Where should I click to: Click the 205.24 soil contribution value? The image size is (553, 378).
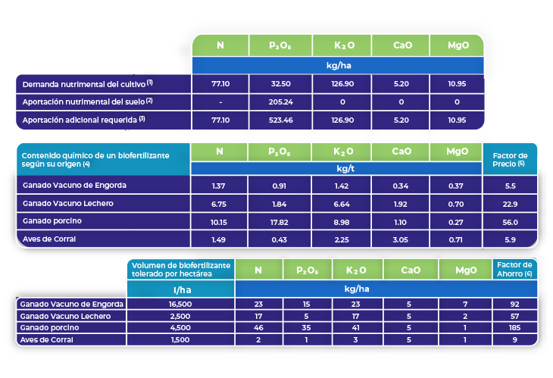click(280, 101)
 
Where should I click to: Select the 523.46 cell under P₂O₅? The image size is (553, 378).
click(280, 120)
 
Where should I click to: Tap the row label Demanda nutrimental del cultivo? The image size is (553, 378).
click(87, 83)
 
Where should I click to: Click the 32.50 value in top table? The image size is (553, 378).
click(280, 83)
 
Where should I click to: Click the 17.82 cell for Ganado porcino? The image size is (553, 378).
click(280, 221)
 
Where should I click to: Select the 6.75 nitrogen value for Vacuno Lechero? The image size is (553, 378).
click(220, 204)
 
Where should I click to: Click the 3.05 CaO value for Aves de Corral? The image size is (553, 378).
click(401, 239)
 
